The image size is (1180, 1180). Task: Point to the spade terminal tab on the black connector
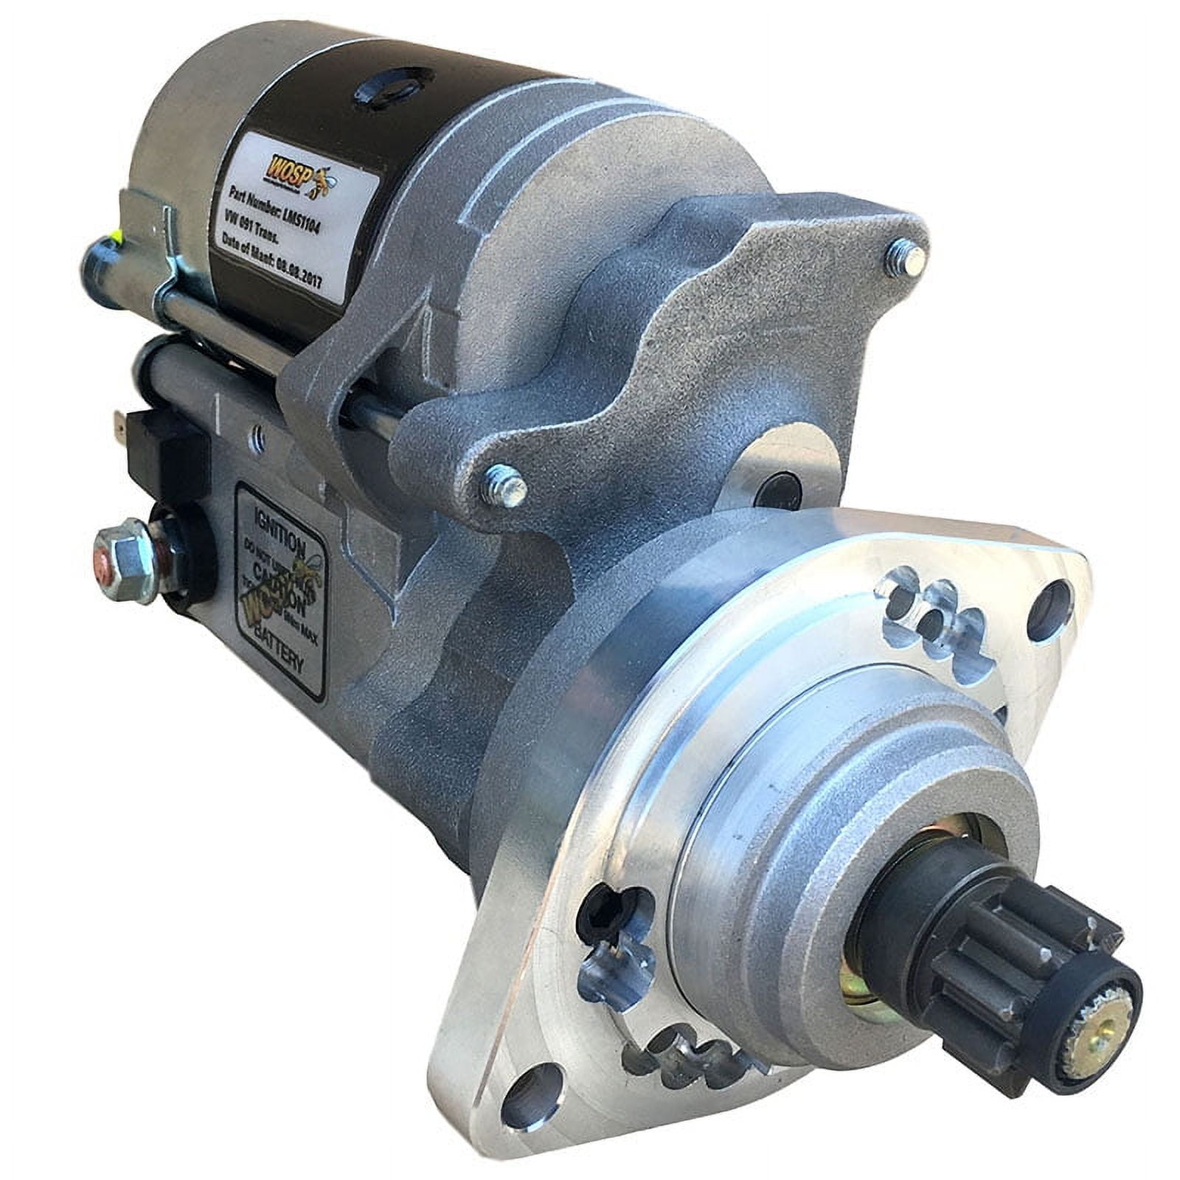pos(119,423)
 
